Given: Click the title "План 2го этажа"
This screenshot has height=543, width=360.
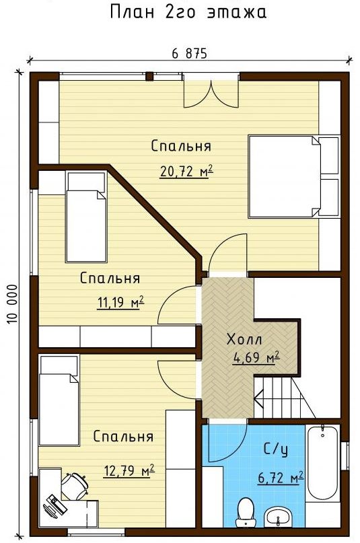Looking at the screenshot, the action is (188, 11).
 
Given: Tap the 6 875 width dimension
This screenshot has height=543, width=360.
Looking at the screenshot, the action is (189, 54).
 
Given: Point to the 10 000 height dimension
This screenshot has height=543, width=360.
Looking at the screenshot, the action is (11, 304).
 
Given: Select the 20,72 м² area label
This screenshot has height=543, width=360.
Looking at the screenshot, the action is (186, 171).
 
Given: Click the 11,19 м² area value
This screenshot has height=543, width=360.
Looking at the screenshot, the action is (120, 303).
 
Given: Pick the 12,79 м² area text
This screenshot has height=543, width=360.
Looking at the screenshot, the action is (129, 470).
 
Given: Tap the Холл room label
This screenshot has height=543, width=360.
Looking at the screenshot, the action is (244, 339).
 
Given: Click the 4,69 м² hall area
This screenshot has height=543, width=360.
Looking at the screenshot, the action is (256, 357).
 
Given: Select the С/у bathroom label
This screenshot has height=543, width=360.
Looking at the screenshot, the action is (275, 449).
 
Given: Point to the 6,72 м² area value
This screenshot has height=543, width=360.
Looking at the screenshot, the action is (281, 478).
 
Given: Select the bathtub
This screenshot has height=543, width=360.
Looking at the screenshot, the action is (322, 462).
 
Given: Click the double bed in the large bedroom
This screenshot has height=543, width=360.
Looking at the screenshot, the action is (284, 176).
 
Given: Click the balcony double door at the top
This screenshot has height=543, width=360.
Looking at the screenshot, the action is (211, 91).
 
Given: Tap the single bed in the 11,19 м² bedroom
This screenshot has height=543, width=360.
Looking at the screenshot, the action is (86, 217).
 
